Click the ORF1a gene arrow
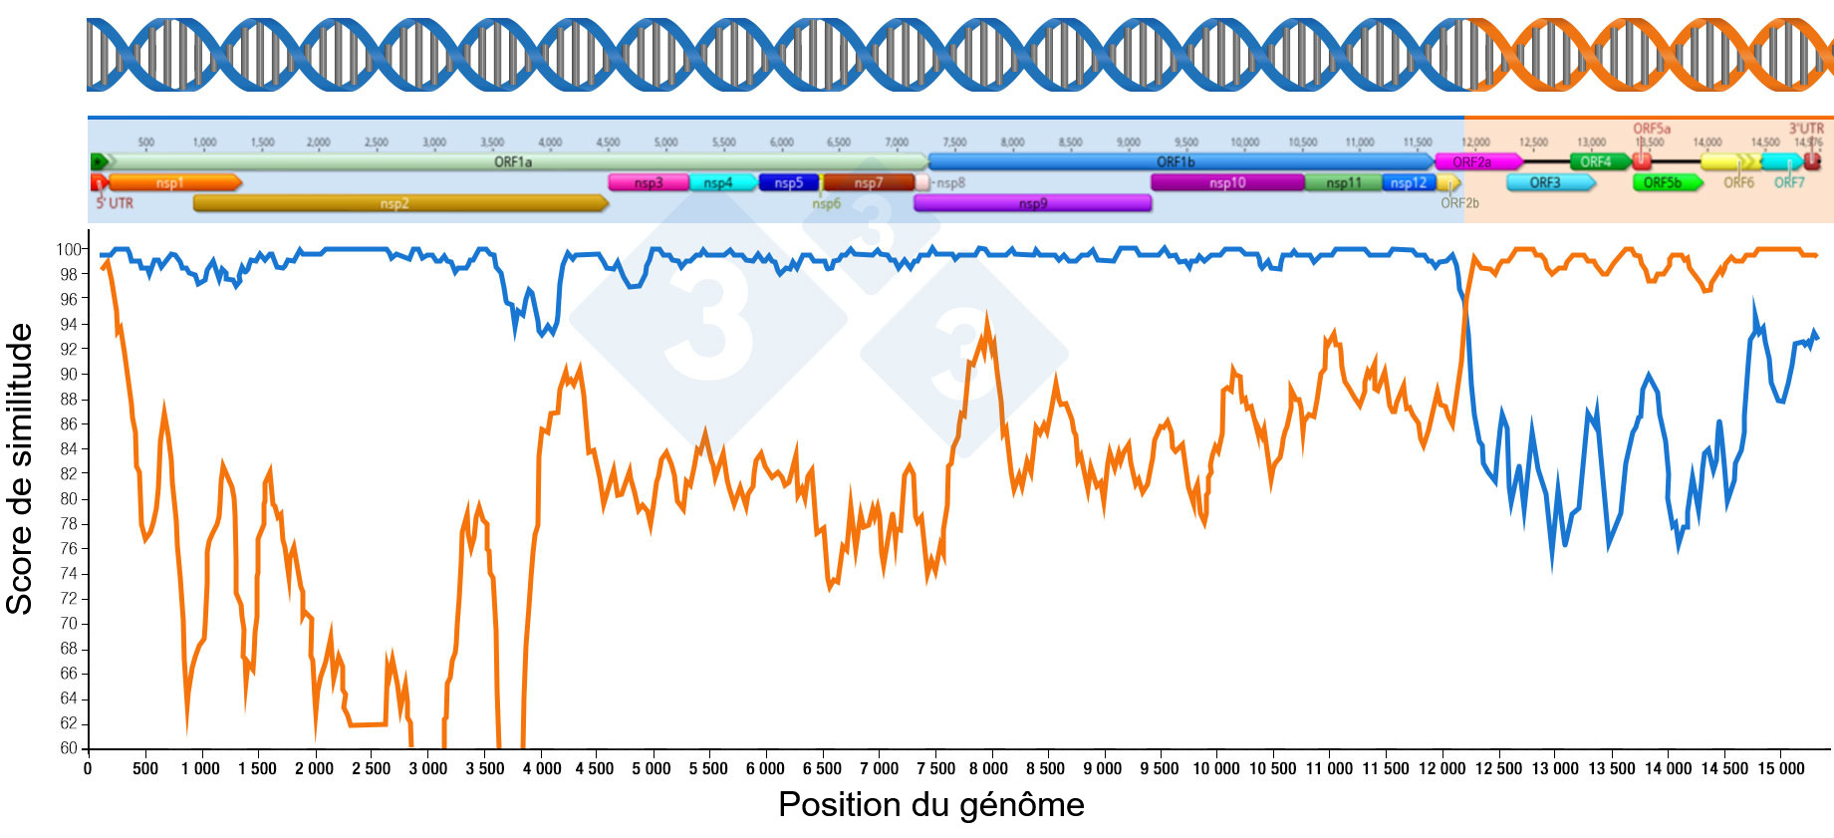(513, 161)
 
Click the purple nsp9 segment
(1032, 203)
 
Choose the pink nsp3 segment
(648, 182)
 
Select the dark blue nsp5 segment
(788, 182)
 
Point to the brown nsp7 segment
(868, 182)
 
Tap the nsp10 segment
(1226, 182)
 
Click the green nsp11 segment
(1343, 182)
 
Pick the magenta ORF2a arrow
(1476, 161)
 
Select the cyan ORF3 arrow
(1548, 182)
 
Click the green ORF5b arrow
(1665, 182)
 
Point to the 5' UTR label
(115, 203)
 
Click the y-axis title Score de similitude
(20, 468)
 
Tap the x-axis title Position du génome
(930, 804)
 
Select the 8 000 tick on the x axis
(988, 768)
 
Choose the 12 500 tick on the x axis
(1498, 768)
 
